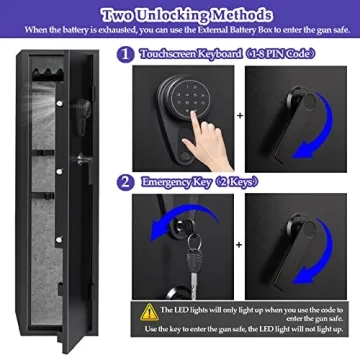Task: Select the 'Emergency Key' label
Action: tap(172, 181)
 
